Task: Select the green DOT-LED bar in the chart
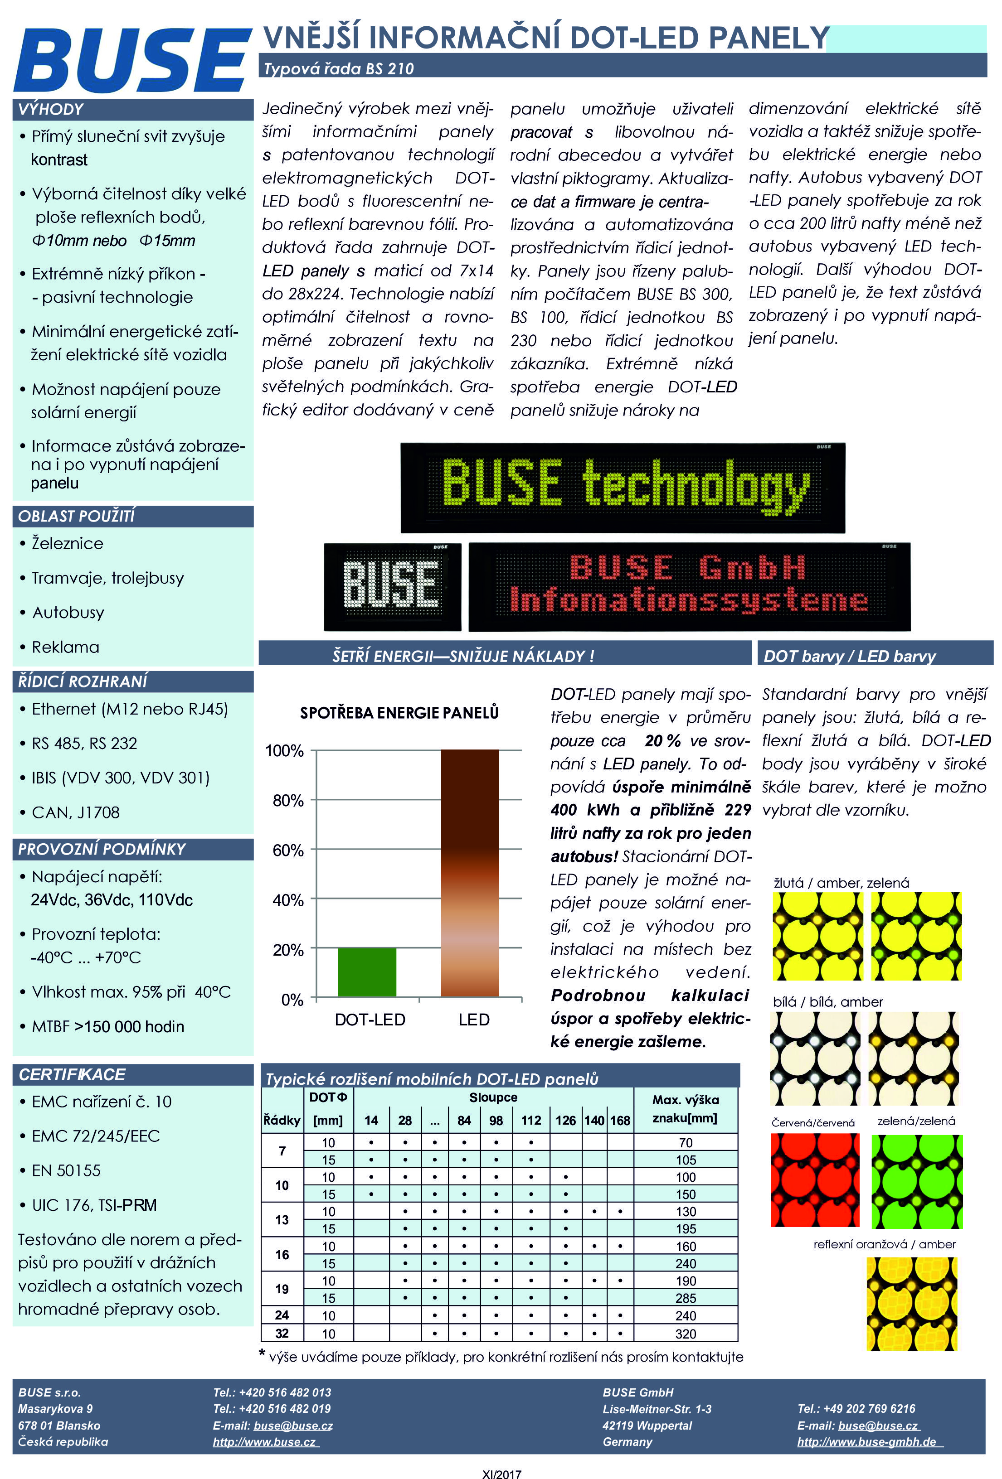tap(367, 972)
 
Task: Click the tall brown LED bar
tap(470, 873)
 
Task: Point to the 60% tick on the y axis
tap(288, 850)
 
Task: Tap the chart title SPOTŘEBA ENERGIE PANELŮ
tap(399, 713)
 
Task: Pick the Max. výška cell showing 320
tap(686, 1333)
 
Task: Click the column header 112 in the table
tap(531, 1121)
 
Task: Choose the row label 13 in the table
tap(282, 1220)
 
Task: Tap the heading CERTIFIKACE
tap(72, 1074)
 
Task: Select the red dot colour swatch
tap(815, 1180)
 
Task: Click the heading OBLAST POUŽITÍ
tap(76, 516)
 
